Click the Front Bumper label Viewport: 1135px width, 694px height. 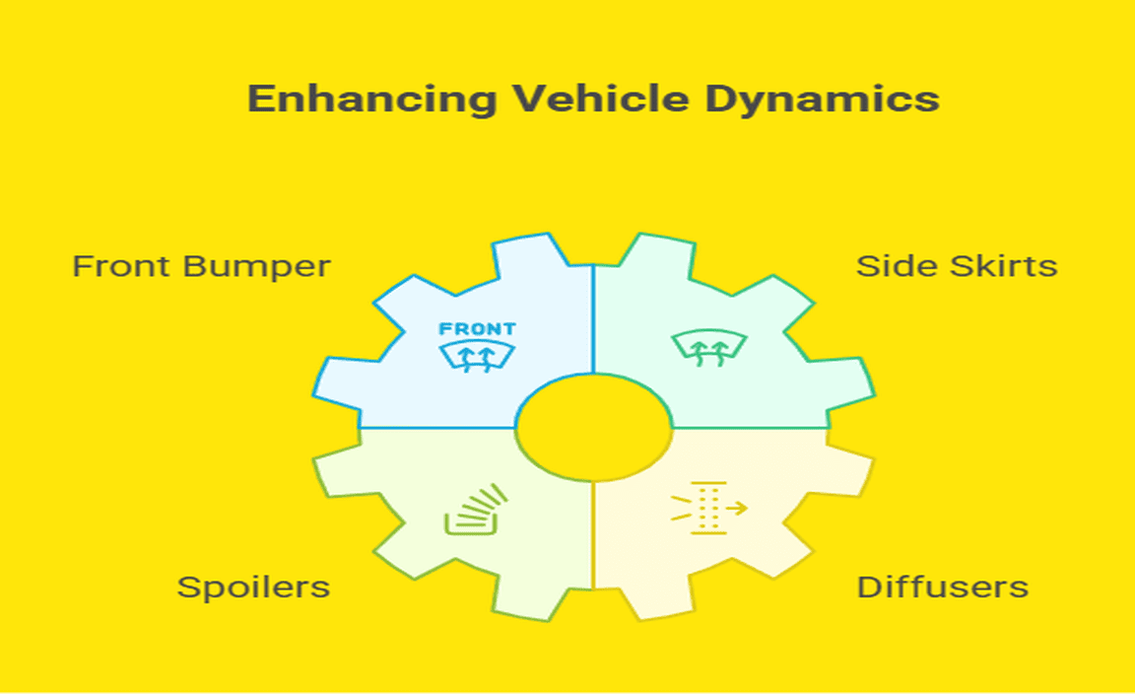click(201, 266)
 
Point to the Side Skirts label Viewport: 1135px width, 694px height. click(956, 266)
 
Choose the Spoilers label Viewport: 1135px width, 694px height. click(253, 588)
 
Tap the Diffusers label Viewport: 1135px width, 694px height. click(942, 588)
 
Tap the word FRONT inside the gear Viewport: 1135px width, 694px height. click(477, 329)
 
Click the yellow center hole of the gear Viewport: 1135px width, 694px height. click(593, 428)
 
